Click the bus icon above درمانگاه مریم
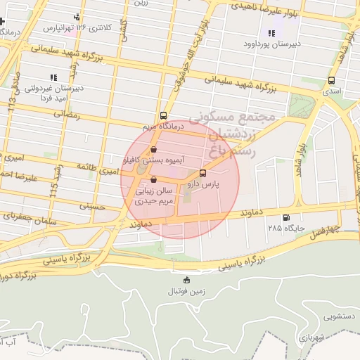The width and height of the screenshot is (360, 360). [x=163, y=115]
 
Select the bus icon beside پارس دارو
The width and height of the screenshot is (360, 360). [x=203, y=173]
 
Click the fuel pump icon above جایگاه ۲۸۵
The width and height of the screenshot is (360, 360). [x=285, y=218]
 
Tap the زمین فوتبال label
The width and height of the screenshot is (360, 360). [x=186, y=290]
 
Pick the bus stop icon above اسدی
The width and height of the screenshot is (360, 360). [x=331, y=81]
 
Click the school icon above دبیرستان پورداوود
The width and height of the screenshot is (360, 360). [x=271, y=32]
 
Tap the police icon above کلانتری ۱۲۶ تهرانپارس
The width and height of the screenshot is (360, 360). [x=77, y=18]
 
